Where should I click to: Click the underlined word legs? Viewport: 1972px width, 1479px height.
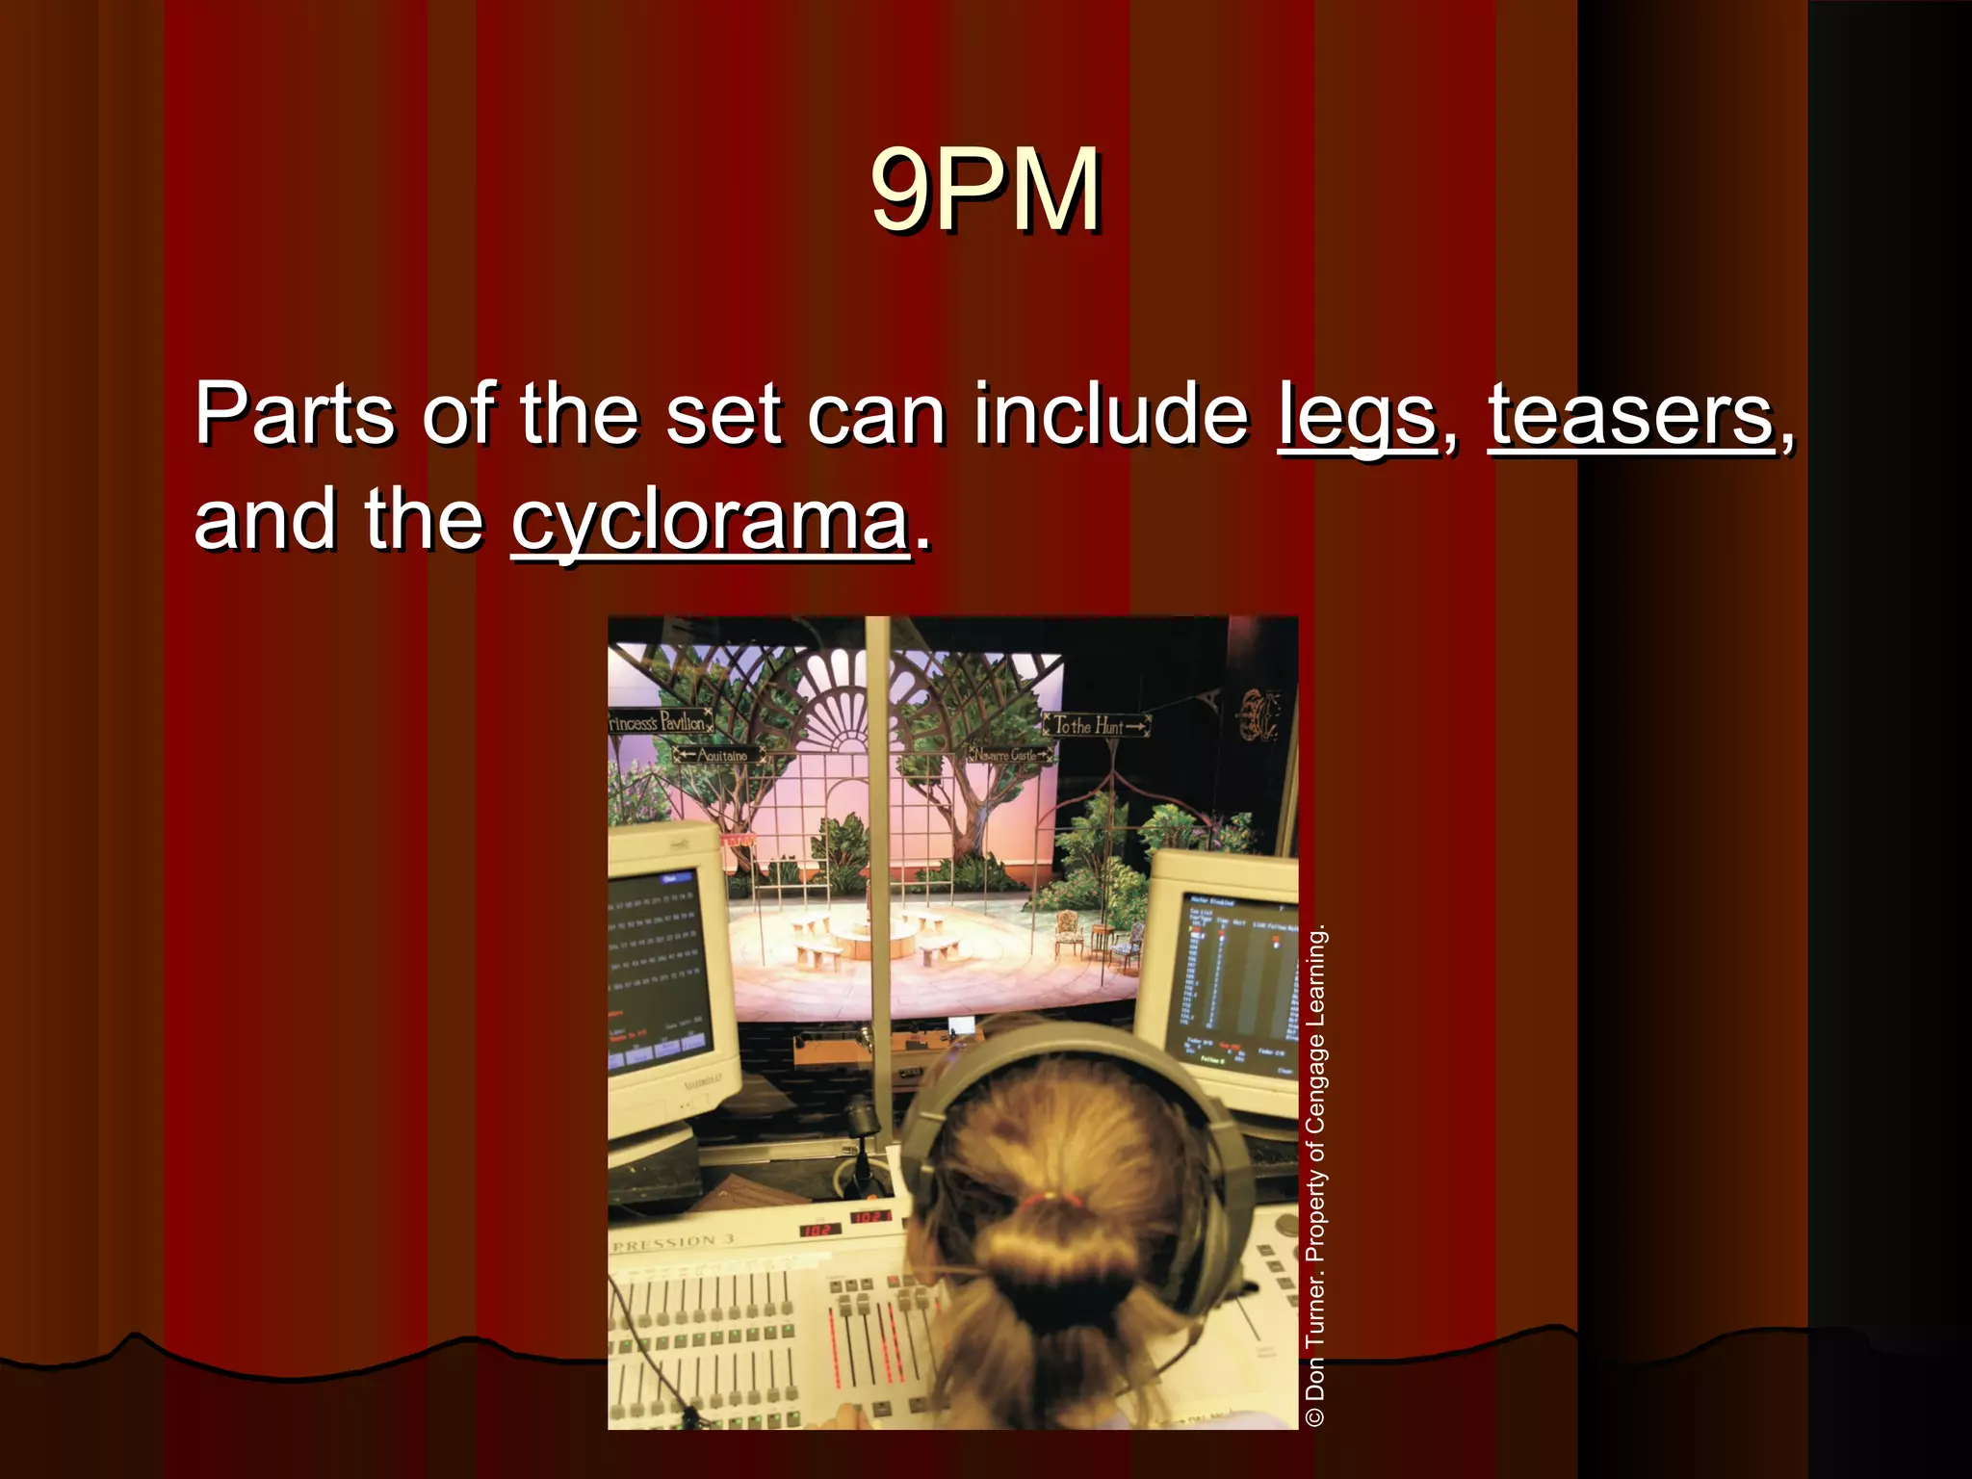coord(1356,416)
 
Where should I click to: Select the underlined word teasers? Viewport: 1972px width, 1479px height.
coord(1631,416)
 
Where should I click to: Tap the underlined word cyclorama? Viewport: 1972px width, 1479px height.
coord(711,522)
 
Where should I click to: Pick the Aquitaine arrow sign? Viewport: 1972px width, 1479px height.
coord(720,755)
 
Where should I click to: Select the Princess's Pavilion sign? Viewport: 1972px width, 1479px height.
coord(661,721)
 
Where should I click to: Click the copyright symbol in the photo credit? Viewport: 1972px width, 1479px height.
coord(1315,1416)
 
